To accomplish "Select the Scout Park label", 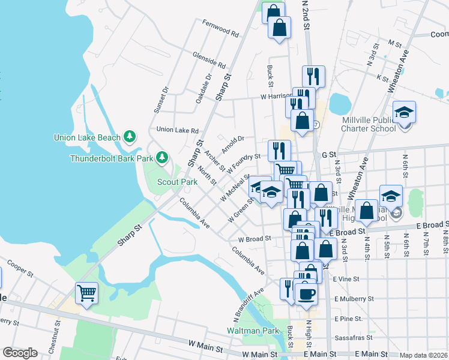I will (x=177, y=182).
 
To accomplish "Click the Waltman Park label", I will (x=253, y=331).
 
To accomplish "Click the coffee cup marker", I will (x=307, y=294).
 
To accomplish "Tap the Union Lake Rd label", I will (x=177, y=130).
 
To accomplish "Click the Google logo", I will (x=20, y=353).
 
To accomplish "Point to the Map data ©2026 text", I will (x=423, y=355).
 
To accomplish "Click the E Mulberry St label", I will (x=354, y=298).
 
